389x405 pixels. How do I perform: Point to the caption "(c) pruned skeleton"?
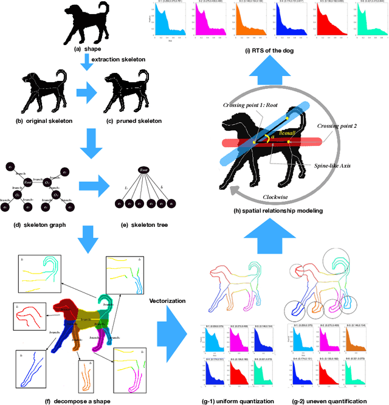[134, 121]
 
